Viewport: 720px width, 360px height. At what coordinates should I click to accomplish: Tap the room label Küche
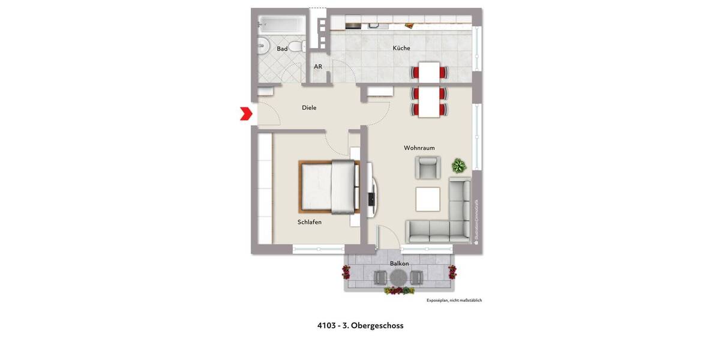click(x=401, y=48)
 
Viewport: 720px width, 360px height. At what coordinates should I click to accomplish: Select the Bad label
click(x=282, y=49)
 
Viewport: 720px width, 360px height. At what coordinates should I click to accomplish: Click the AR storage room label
click(x=318, y=67)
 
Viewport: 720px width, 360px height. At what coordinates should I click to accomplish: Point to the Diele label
click(x=309, y=108)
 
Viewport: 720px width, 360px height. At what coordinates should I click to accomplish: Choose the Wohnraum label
click(x=419, y=148)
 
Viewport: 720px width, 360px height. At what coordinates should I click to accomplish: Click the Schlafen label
click(x=310, y=222)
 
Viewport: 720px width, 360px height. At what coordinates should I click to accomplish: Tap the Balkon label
click(x=399, y=263)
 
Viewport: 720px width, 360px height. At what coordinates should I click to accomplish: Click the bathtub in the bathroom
click(x=280, y=25)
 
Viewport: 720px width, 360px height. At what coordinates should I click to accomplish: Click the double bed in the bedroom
click(x=329, y=187)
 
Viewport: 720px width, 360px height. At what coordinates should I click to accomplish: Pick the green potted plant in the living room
click(x=459, y=165)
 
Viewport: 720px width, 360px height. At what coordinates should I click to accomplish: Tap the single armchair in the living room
click(x=428, y=167)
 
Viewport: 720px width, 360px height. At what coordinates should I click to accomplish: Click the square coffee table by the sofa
click(x=428, y=199)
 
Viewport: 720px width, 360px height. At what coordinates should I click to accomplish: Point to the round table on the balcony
click(x=398, y=277)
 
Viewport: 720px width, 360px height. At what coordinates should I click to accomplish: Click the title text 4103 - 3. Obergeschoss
click(x=360, y=326)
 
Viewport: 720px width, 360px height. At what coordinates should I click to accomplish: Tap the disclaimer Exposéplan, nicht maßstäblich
click(x=454, y=300)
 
